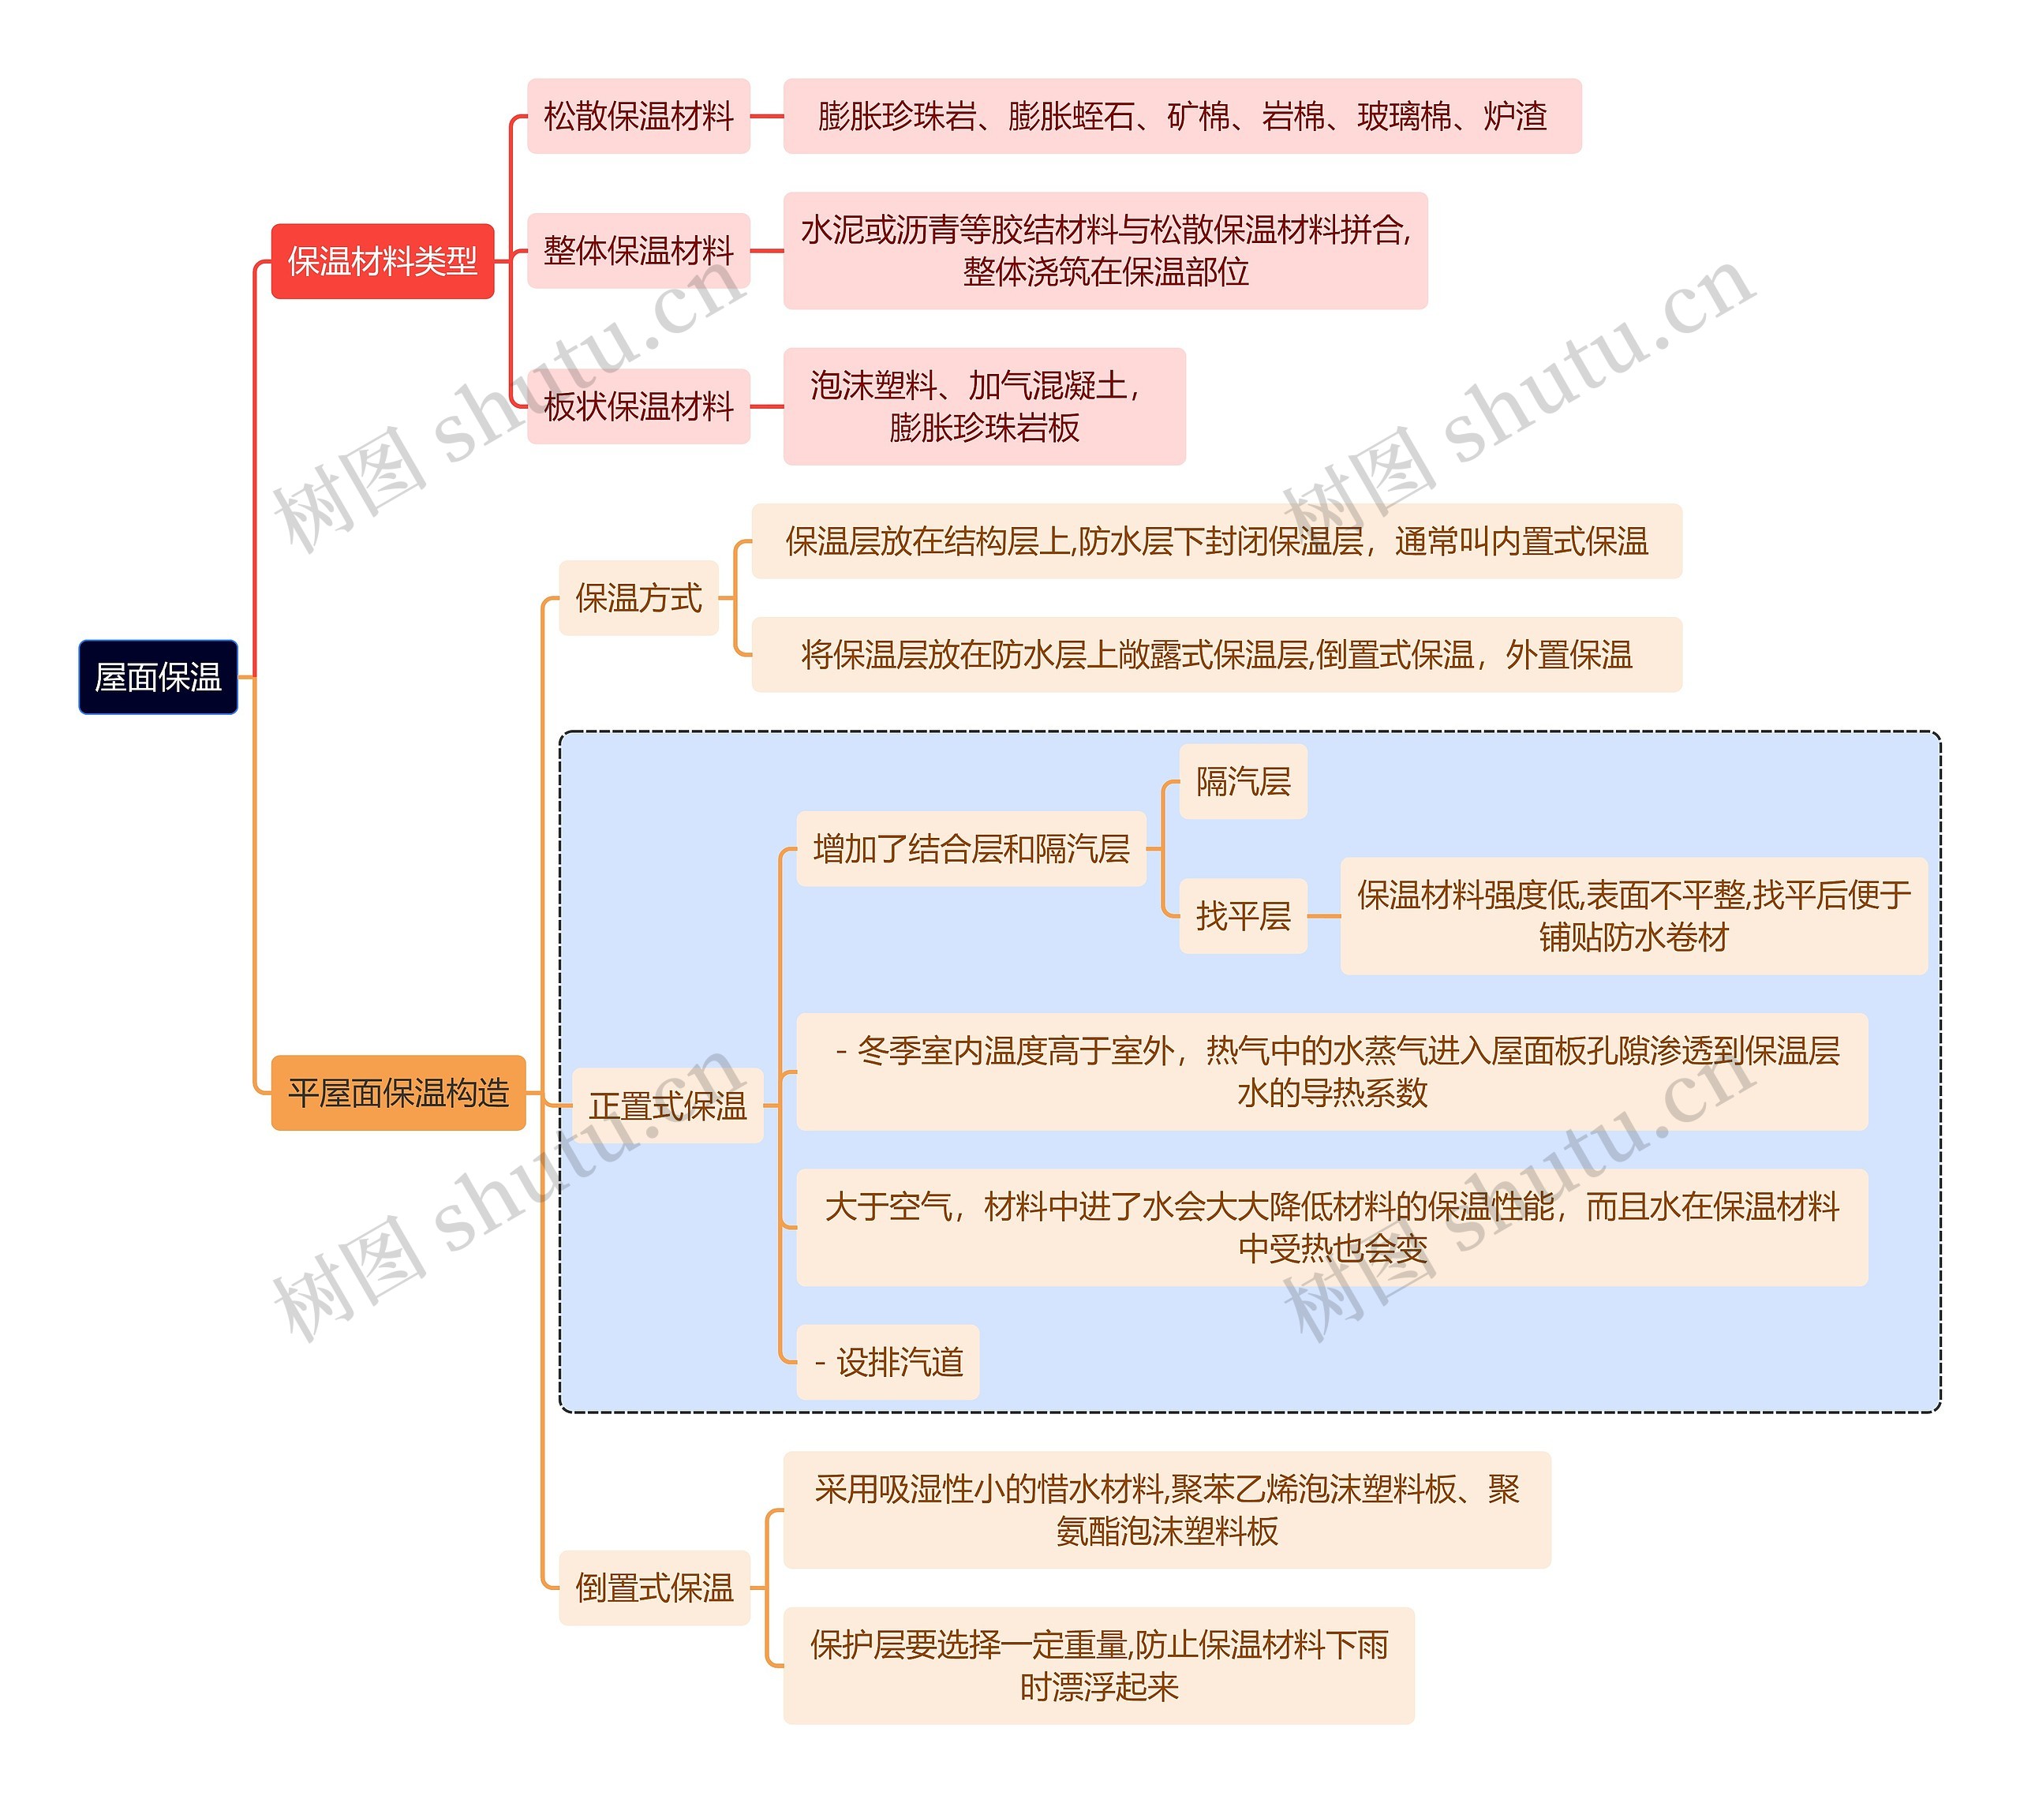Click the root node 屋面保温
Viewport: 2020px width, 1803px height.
click(x=158, y=678)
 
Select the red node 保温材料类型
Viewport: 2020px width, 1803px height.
click(x=383, y=261)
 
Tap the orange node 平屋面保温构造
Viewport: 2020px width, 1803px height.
click(x=398, y=1093)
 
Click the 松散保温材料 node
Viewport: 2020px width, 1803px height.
click(x=638, y=116)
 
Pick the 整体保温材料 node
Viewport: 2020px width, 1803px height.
click(x=638, y=251)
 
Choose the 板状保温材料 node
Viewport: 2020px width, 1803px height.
click(x=638, y=406)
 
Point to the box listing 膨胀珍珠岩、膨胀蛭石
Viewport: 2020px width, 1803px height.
click(x=1182, y=116)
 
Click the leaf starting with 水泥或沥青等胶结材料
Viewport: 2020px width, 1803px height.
click(x=1105, y=251)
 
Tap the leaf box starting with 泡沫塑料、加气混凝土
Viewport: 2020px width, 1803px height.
click(x=984, y=406)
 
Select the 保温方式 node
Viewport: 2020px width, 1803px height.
click(x=638, y=598)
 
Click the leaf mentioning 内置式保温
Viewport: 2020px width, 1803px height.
click(x=1216, y=541)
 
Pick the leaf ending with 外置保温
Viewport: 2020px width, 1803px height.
click(x=1216, y=655)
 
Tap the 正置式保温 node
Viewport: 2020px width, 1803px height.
click(x=668, y=1105)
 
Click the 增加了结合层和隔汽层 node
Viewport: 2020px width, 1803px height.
click(x=971, y=849)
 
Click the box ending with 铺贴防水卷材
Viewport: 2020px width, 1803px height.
click(x=1633, y=916)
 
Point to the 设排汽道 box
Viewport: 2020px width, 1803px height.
click(x=888, y=1362)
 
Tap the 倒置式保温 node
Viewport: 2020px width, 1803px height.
click(x=654, y=1588)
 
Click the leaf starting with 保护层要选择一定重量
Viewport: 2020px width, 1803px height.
click(x=1098, y=1665)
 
